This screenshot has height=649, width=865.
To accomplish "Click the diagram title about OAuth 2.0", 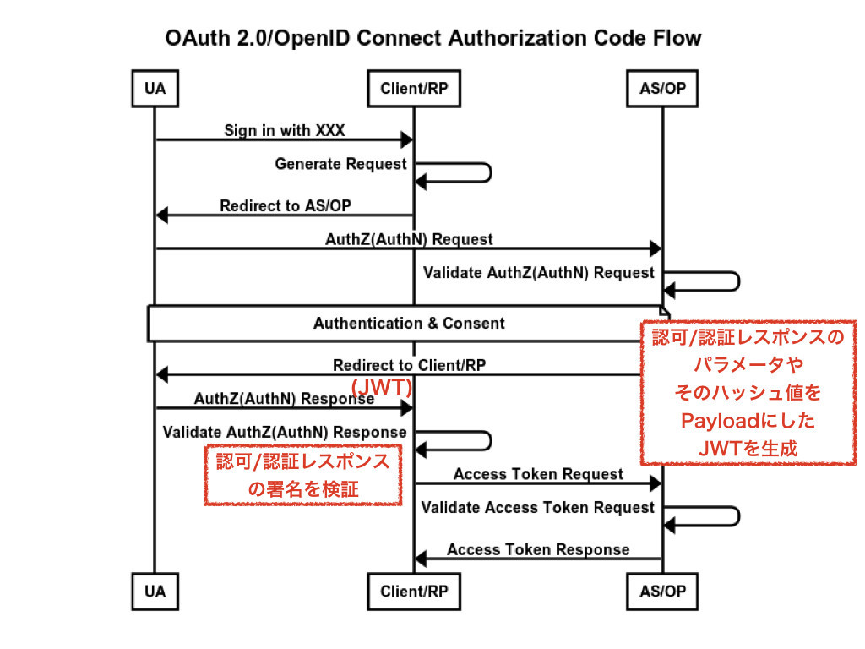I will tap(432, 38).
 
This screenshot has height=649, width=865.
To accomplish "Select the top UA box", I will tap(155, 88).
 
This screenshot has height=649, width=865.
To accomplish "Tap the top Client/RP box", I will tap(414, 88).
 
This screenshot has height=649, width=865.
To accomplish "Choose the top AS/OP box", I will tap(663, 88).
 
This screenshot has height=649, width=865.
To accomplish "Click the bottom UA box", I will tap(155, 592).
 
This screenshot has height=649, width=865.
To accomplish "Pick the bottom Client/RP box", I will tap(414, 592).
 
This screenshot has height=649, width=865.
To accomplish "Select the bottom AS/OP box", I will tap(663, 592).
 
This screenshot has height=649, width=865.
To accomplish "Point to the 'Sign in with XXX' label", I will tap(284, 130).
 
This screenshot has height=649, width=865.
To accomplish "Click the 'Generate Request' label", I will tap(340, 164).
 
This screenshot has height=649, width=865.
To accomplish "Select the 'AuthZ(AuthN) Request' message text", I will tap(409, 239).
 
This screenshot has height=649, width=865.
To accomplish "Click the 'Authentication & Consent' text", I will tap(409, 324).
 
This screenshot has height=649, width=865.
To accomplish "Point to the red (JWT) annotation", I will tap(381, 387).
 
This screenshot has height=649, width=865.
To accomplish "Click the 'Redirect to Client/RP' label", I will tap(409, 365).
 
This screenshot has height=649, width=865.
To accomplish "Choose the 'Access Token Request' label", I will tap(538, 474).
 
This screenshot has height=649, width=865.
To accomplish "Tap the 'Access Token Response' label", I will tap(538, 549).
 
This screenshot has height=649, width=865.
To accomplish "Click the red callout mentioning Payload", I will tap(748, 392).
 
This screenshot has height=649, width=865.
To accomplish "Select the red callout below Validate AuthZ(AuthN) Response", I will tap(303, 475).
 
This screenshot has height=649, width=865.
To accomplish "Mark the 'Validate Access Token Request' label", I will tap(538, 508).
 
